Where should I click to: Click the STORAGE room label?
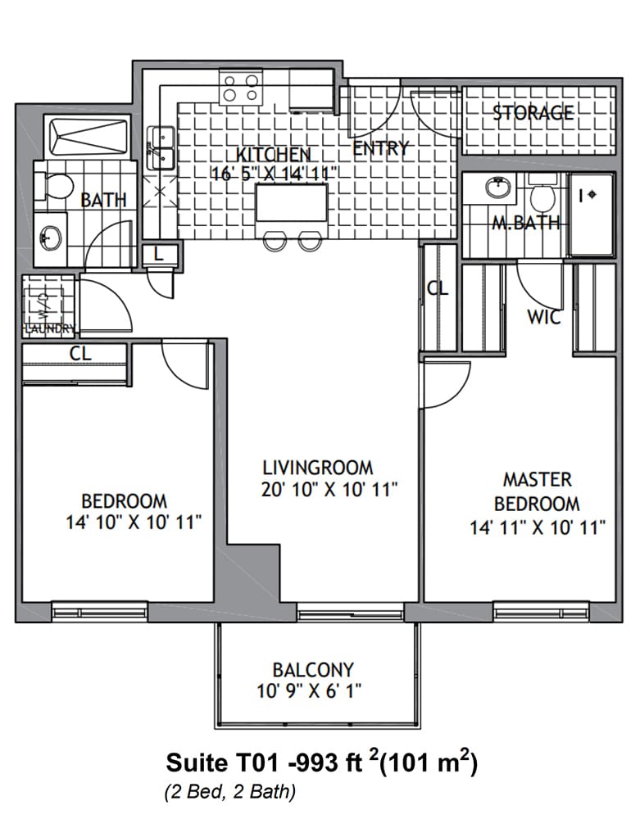click(533, 112)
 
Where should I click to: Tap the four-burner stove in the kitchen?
click(241, 88)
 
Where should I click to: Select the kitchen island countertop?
click(291, 202)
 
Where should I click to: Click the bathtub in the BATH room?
click(89, 137)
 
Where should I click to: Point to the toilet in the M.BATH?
click(542, 193)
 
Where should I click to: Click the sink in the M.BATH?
click(498, 187)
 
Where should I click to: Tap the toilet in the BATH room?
click(54, 187)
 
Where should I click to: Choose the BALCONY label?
click(313, 670)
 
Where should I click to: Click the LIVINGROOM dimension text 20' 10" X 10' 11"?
click(329, 490)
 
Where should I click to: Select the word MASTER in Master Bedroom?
click(538, 479)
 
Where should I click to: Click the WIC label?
click(544, 317)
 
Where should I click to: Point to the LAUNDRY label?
click(50, 328)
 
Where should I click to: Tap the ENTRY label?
click(381, 148)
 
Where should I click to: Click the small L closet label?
click(158, 254)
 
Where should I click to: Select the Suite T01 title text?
click(322, 762)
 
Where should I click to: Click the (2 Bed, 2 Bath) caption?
click(230, 792)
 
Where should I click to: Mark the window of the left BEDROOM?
click(99, 611)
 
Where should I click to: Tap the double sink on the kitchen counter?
click(161, 147)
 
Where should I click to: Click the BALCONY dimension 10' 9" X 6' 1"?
click(309, 690)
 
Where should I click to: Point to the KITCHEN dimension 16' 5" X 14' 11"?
click(274, 174)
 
